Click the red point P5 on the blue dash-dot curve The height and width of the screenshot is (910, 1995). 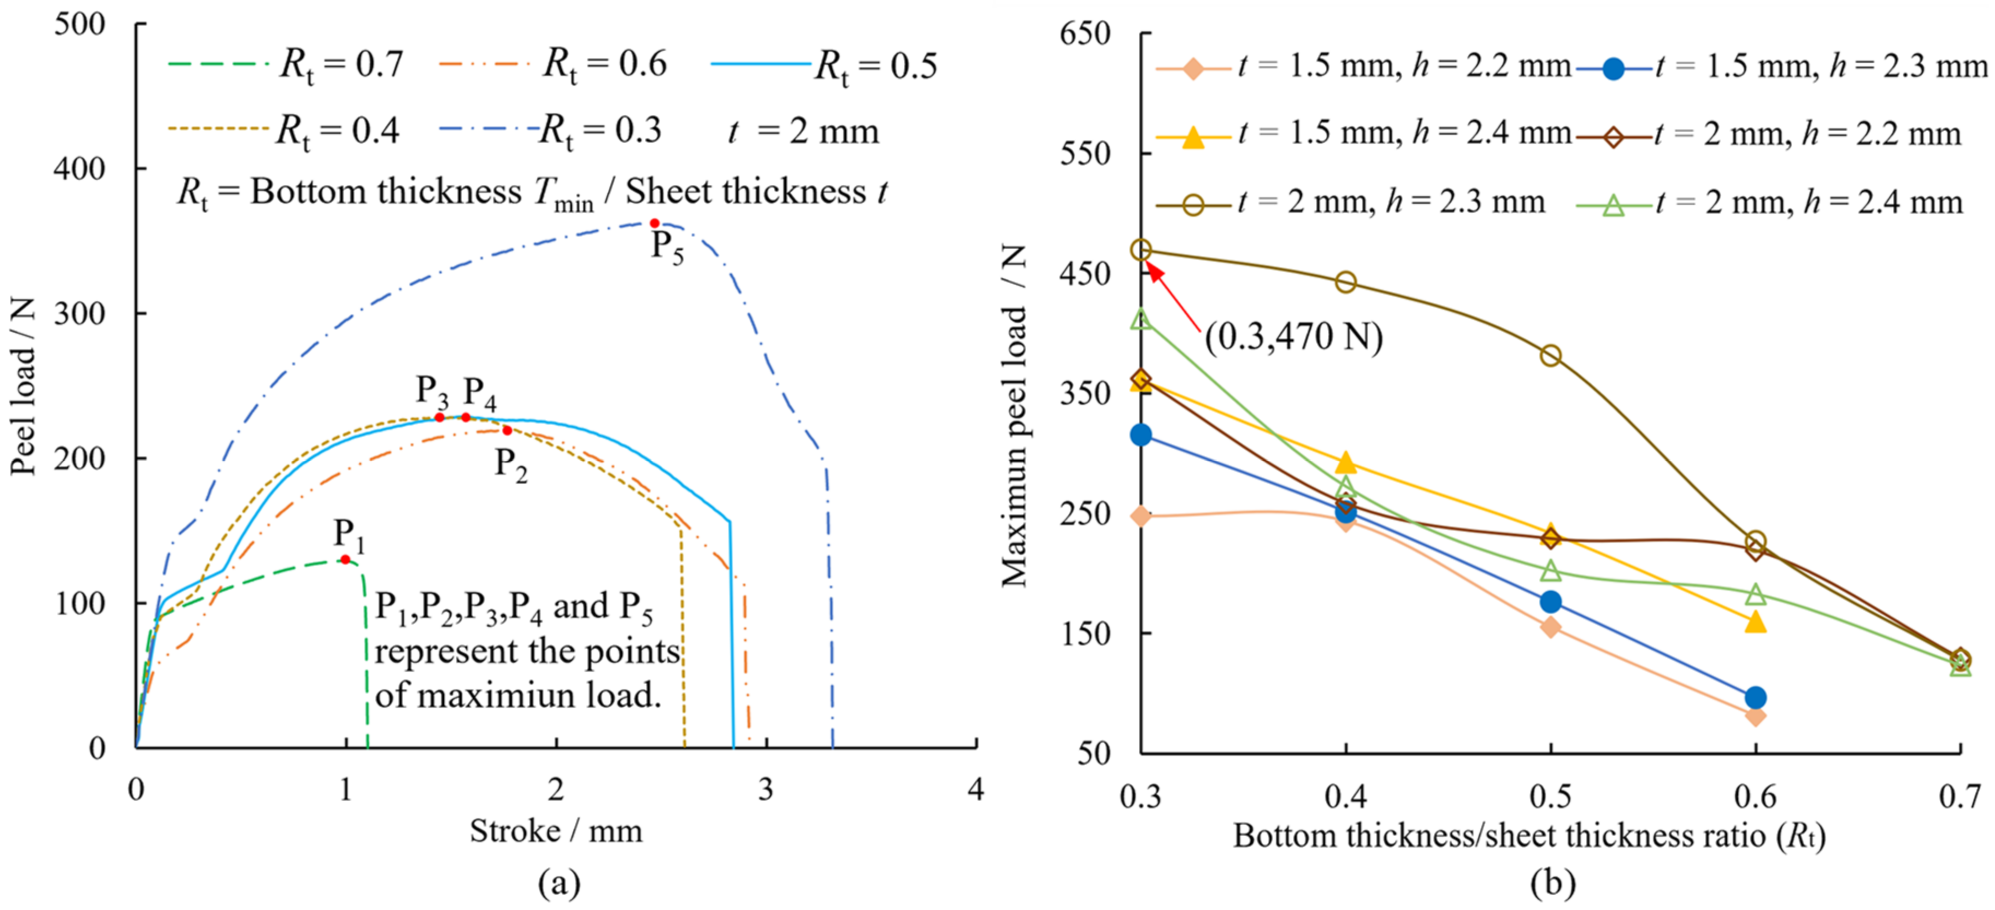coord(655,223)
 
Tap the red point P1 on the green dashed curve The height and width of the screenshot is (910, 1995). coord(345,559)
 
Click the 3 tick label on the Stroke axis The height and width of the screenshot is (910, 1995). coord(766,789)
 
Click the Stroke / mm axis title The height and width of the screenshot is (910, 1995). coord(556,831)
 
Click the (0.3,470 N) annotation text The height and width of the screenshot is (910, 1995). coord(1293,336)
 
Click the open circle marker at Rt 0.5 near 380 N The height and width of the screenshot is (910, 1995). coord(1550,355)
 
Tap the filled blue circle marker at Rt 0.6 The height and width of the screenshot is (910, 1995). coord(1756,697)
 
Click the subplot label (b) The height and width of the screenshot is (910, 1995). coord(1553,882)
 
